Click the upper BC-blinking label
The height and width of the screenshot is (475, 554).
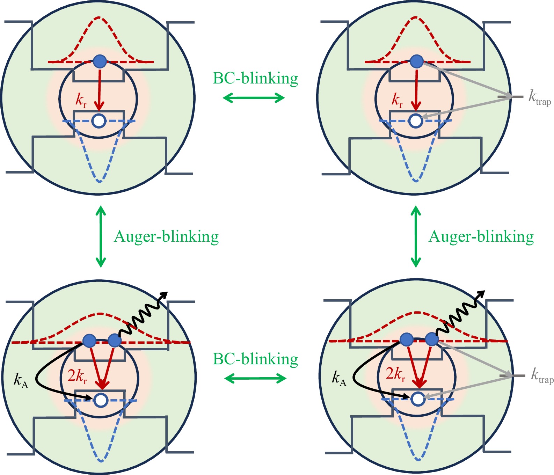(255, 79)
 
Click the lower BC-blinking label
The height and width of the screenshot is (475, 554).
(255, 359)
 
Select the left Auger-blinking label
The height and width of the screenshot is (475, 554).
(166, 237)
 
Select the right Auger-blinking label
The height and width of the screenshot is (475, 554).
(481, 237)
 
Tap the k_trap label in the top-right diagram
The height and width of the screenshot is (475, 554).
(539, 97)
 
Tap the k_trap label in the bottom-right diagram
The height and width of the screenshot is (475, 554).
(542, 376)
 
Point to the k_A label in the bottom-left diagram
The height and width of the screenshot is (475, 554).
(21, 380)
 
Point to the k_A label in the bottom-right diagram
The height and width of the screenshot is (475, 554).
(339, 379)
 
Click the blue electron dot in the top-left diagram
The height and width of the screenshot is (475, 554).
(100, 61)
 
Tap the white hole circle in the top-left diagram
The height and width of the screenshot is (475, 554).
(99, 121)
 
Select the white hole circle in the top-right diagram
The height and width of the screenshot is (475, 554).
(416, 120)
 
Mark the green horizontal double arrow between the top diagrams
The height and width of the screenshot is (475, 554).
(254, 98)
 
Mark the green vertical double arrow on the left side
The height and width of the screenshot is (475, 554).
(101, 236)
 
